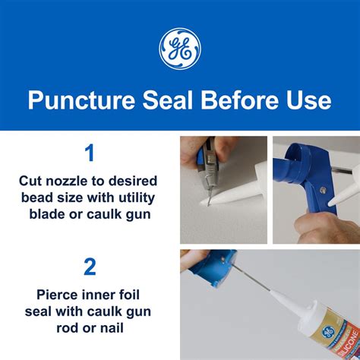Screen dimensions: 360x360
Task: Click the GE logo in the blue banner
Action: [x=180, y=48]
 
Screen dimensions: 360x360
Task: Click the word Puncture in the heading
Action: [x=75, y=101]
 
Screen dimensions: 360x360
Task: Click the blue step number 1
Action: [x=90, y=154]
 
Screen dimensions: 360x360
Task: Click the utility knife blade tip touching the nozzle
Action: [x=210, y=198]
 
